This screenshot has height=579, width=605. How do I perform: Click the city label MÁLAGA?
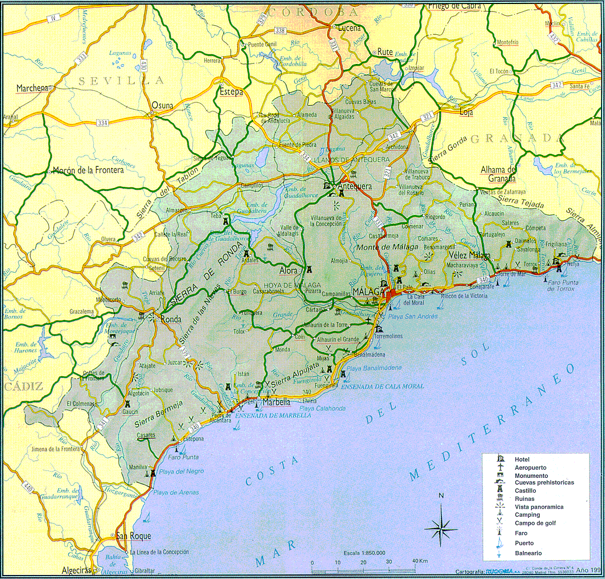click(368, 292)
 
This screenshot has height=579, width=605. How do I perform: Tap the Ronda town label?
click(171, 320)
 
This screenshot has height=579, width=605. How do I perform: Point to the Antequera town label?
click(355, 186)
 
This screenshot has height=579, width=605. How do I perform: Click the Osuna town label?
click(162, 105)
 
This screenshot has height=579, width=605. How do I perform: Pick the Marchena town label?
click(33, 88)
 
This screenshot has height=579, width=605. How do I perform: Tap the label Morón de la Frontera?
click(87, 170)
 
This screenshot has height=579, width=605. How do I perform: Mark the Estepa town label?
click(231, 91)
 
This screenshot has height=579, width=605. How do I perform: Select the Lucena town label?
click(349, 28)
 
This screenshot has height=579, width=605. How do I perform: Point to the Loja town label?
click(466, 113)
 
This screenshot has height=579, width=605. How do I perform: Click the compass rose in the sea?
click(441, 525)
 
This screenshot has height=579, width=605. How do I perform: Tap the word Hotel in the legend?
click(522, 460)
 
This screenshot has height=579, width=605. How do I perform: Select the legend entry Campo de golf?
click(535, 523)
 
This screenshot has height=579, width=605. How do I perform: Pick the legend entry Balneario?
click(528, 553)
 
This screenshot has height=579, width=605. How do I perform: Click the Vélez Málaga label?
click(469, 255)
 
